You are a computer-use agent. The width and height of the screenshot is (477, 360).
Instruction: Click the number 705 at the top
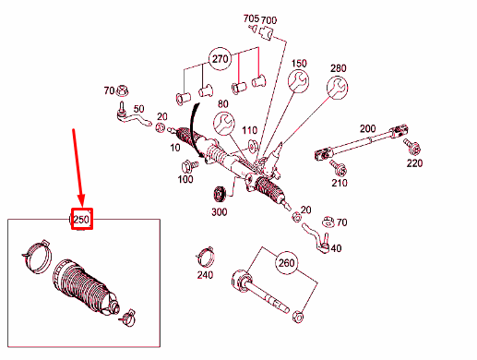[x=251, y=18]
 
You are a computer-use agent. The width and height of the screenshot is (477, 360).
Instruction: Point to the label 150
[x=300, y=64]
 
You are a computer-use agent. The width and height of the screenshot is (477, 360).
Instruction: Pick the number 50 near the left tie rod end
[x=140, y=109]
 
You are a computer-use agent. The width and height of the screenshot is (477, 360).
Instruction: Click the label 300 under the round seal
[x=219, y=212]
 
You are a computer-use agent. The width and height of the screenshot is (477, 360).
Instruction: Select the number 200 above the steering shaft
[x=368, y=127]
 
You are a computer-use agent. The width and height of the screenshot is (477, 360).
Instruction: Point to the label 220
[x=413, y=163]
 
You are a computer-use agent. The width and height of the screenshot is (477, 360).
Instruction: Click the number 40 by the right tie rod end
[x=335, y=247]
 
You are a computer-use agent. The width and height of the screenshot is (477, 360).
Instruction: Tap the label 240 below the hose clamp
[x=205, y=274]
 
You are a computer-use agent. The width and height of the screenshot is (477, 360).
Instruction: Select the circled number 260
[x=287, y=262]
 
